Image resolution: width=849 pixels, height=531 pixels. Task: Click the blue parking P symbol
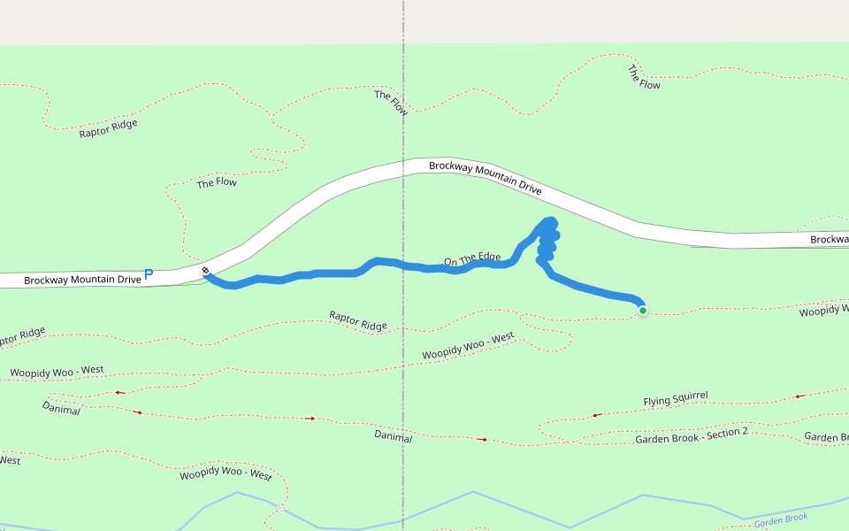pyautogui.click(x=149, y=275)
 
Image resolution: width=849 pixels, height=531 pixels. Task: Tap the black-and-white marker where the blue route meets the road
pyautogui.click(x=205, y=271)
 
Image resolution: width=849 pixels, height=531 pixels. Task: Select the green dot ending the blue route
pyautogui.click(x=642, y=310)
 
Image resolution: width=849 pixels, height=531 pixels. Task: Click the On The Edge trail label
pyautogui.click(x=472, y=259)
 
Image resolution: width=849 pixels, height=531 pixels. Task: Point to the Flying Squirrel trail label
pyautogui.click(x=676, y=401)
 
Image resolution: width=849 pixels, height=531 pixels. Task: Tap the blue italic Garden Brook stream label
pyautogui.click(x=782, y=519)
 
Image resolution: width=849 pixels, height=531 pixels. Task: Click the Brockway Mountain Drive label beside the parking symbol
pyautogui.click(x=82, y=280)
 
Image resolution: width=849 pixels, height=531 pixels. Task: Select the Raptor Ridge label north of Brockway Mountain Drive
pyautogui.click(x=108, y=129)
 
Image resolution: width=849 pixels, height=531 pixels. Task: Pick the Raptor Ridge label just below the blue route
pyautogui.click(x=358, y=320)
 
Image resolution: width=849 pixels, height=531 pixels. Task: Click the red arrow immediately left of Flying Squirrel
pyautogui.click(x=597, y=414)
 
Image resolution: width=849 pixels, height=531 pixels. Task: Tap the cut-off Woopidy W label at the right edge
pyautogui.click(x=823, y=311)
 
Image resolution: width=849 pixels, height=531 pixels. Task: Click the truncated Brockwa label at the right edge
pyautogui.click(x=829, y=240)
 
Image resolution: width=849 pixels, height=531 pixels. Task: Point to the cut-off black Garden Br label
pyautogui.click(x=826, y=437)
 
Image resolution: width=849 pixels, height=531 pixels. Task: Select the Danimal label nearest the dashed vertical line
pyautogui.click(x=394, y=436)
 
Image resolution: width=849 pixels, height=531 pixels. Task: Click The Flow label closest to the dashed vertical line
pyautogui.click(x=391, y=103)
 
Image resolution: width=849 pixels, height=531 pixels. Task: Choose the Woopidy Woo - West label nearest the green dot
pyautogui.click(x=468, y=346)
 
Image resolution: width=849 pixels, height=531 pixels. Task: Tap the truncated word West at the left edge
pyautogui.click(x=10, y=459)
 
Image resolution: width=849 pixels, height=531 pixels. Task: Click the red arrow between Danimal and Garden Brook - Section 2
pyautogui.click(x=482, y=439)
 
